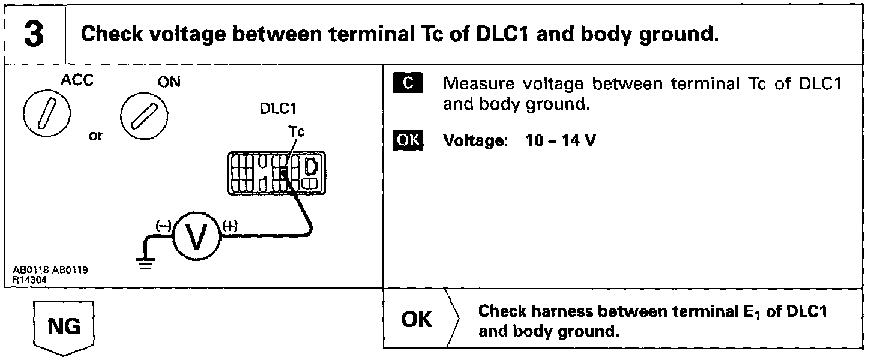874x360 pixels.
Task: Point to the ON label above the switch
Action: (x=169, y=82)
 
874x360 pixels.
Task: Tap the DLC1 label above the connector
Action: (x=278, y=109)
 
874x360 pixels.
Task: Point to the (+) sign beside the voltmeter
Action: (x=230, y=226)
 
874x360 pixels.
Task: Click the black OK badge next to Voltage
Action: (x=408, y=141)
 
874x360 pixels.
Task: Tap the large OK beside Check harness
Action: (x=417, y=320)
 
